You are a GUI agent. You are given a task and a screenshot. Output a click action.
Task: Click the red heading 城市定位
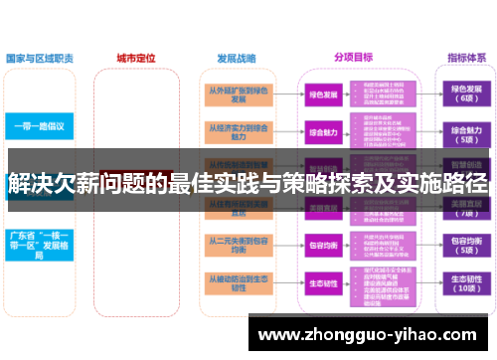135,58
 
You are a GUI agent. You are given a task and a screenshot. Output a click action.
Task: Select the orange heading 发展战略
236,58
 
